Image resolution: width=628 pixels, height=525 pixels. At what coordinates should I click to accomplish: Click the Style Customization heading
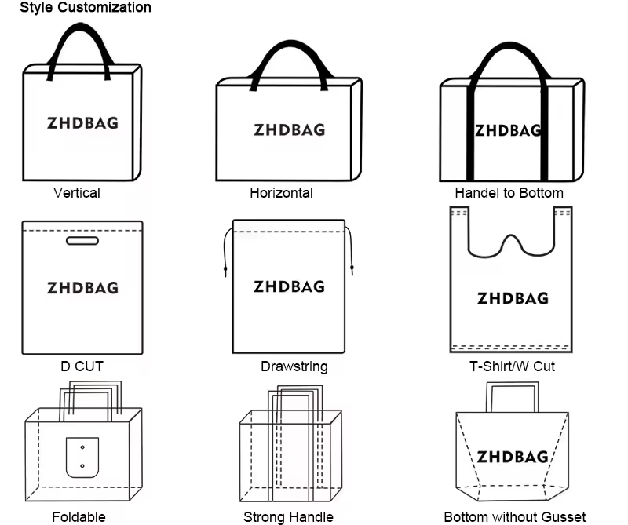click(86, 7)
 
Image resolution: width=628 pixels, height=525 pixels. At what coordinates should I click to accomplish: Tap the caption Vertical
click(77, 193)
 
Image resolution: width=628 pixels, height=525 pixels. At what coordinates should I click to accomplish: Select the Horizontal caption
click(281, 193)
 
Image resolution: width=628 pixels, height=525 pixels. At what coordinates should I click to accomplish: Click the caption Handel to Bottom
click(509, 193)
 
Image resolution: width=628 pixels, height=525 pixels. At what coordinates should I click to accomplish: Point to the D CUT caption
click(82, 366)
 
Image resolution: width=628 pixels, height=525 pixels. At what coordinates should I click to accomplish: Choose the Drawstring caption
click(294, 366)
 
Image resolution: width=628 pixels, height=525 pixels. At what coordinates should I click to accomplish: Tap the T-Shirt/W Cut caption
click(513, 366)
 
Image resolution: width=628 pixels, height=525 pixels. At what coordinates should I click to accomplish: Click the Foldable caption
click(79, 517)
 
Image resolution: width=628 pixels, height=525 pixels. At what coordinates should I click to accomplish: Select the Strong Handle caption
click(288, 517)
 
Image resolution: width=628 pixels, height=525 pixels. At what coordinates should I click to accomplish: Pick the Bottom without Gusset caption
click(515, 517)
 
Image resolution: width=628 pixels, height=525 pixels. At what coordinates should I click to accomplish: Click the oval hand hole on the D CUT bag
click(82, 241)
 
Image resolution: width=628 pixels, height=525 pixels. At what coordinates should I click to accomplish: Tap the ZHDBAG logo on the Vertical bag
click(83, 123)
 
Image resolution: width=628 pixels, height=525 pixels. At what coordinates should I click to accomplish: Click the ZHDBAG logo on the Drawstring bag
click(289, 286)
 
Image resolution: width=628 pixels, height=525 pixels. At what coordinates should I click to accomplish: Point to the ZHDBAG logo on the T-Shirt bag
click(513, 298)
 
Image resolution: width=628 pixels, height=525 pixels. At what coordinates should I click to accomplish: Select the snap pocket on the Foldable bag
click(82, 458)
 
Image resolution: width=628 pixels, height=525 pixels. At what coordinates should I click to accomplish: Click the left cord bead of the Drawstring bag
click(225, 268)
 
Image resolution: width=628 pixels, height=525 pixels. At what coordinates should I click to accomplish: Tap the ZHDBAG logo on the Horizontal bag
click(289, 129)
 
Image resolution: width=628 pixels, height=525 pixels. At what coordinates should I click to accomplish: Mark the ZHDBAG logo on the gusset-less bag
click(513, 457)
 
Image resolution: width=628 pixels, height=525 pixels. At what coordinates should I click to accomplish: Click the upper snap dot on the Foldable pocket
click(82, 447)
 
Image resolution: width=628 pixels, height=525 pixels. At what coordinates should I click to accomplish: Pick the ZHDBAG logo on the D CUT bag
click(83, 288)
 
